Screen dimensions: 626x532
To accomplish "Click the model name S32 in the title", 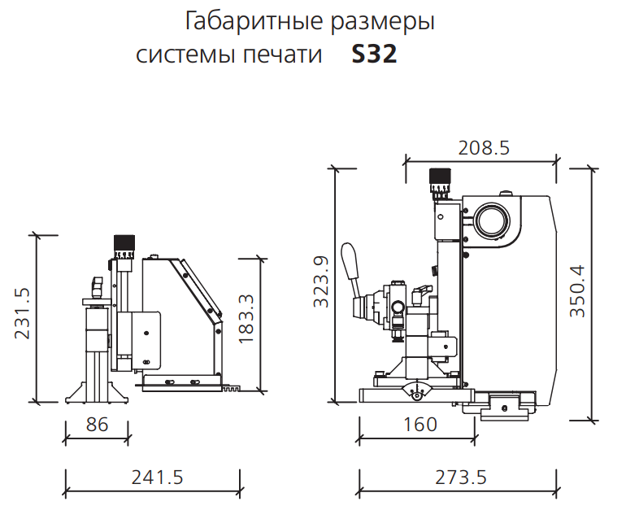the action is click(x=374, y=54).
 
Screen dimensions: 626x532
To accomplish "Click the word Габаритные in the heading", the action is click(x=254, y=21).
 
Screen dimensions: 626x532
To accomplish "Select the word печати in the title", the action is click(x=283, y=55).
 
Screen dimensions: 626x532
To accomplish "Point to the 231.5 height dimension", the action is click(x=23, y=314).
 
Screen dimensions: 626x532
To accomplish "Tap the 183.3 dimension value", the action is click(x=246, y=319).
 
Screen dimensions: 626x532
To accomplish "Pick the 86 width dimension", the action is click(x=97, y=424).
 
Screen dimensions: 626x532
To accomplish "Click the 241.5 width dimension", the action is click(x=157, y=477).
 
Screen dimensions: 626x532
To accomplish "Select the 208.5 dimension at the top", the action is click(x=484, y=148).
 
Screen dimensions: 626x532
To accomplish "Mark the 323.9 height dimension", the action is click(x=321, y=281).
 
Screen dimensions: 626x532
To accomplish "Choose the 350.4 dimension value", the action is click(x=577, y=291).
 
